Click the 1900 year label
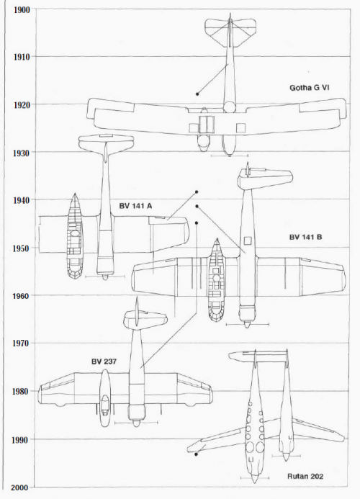22,10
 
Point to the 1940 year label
22,200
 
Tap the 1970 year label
21,343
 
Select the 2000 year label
19,487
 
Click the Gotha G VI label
309,88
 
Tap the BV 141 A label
135,206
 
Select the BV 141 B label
305,237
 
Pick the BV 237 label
104,361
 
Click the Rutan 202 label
305,477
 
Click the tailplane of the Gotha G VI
230,31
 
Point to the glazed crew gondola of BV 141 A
75,236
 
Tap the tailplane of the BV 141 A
106,143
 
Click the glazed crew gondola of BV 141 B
217,280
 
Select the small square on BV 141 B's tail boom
248,240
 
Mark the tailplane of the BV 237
145,320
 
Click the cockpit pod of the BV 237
105,397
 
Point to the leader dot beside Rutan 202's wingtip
196,454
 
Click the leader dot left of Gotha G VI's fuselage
197,94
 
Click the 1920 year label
22,105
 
